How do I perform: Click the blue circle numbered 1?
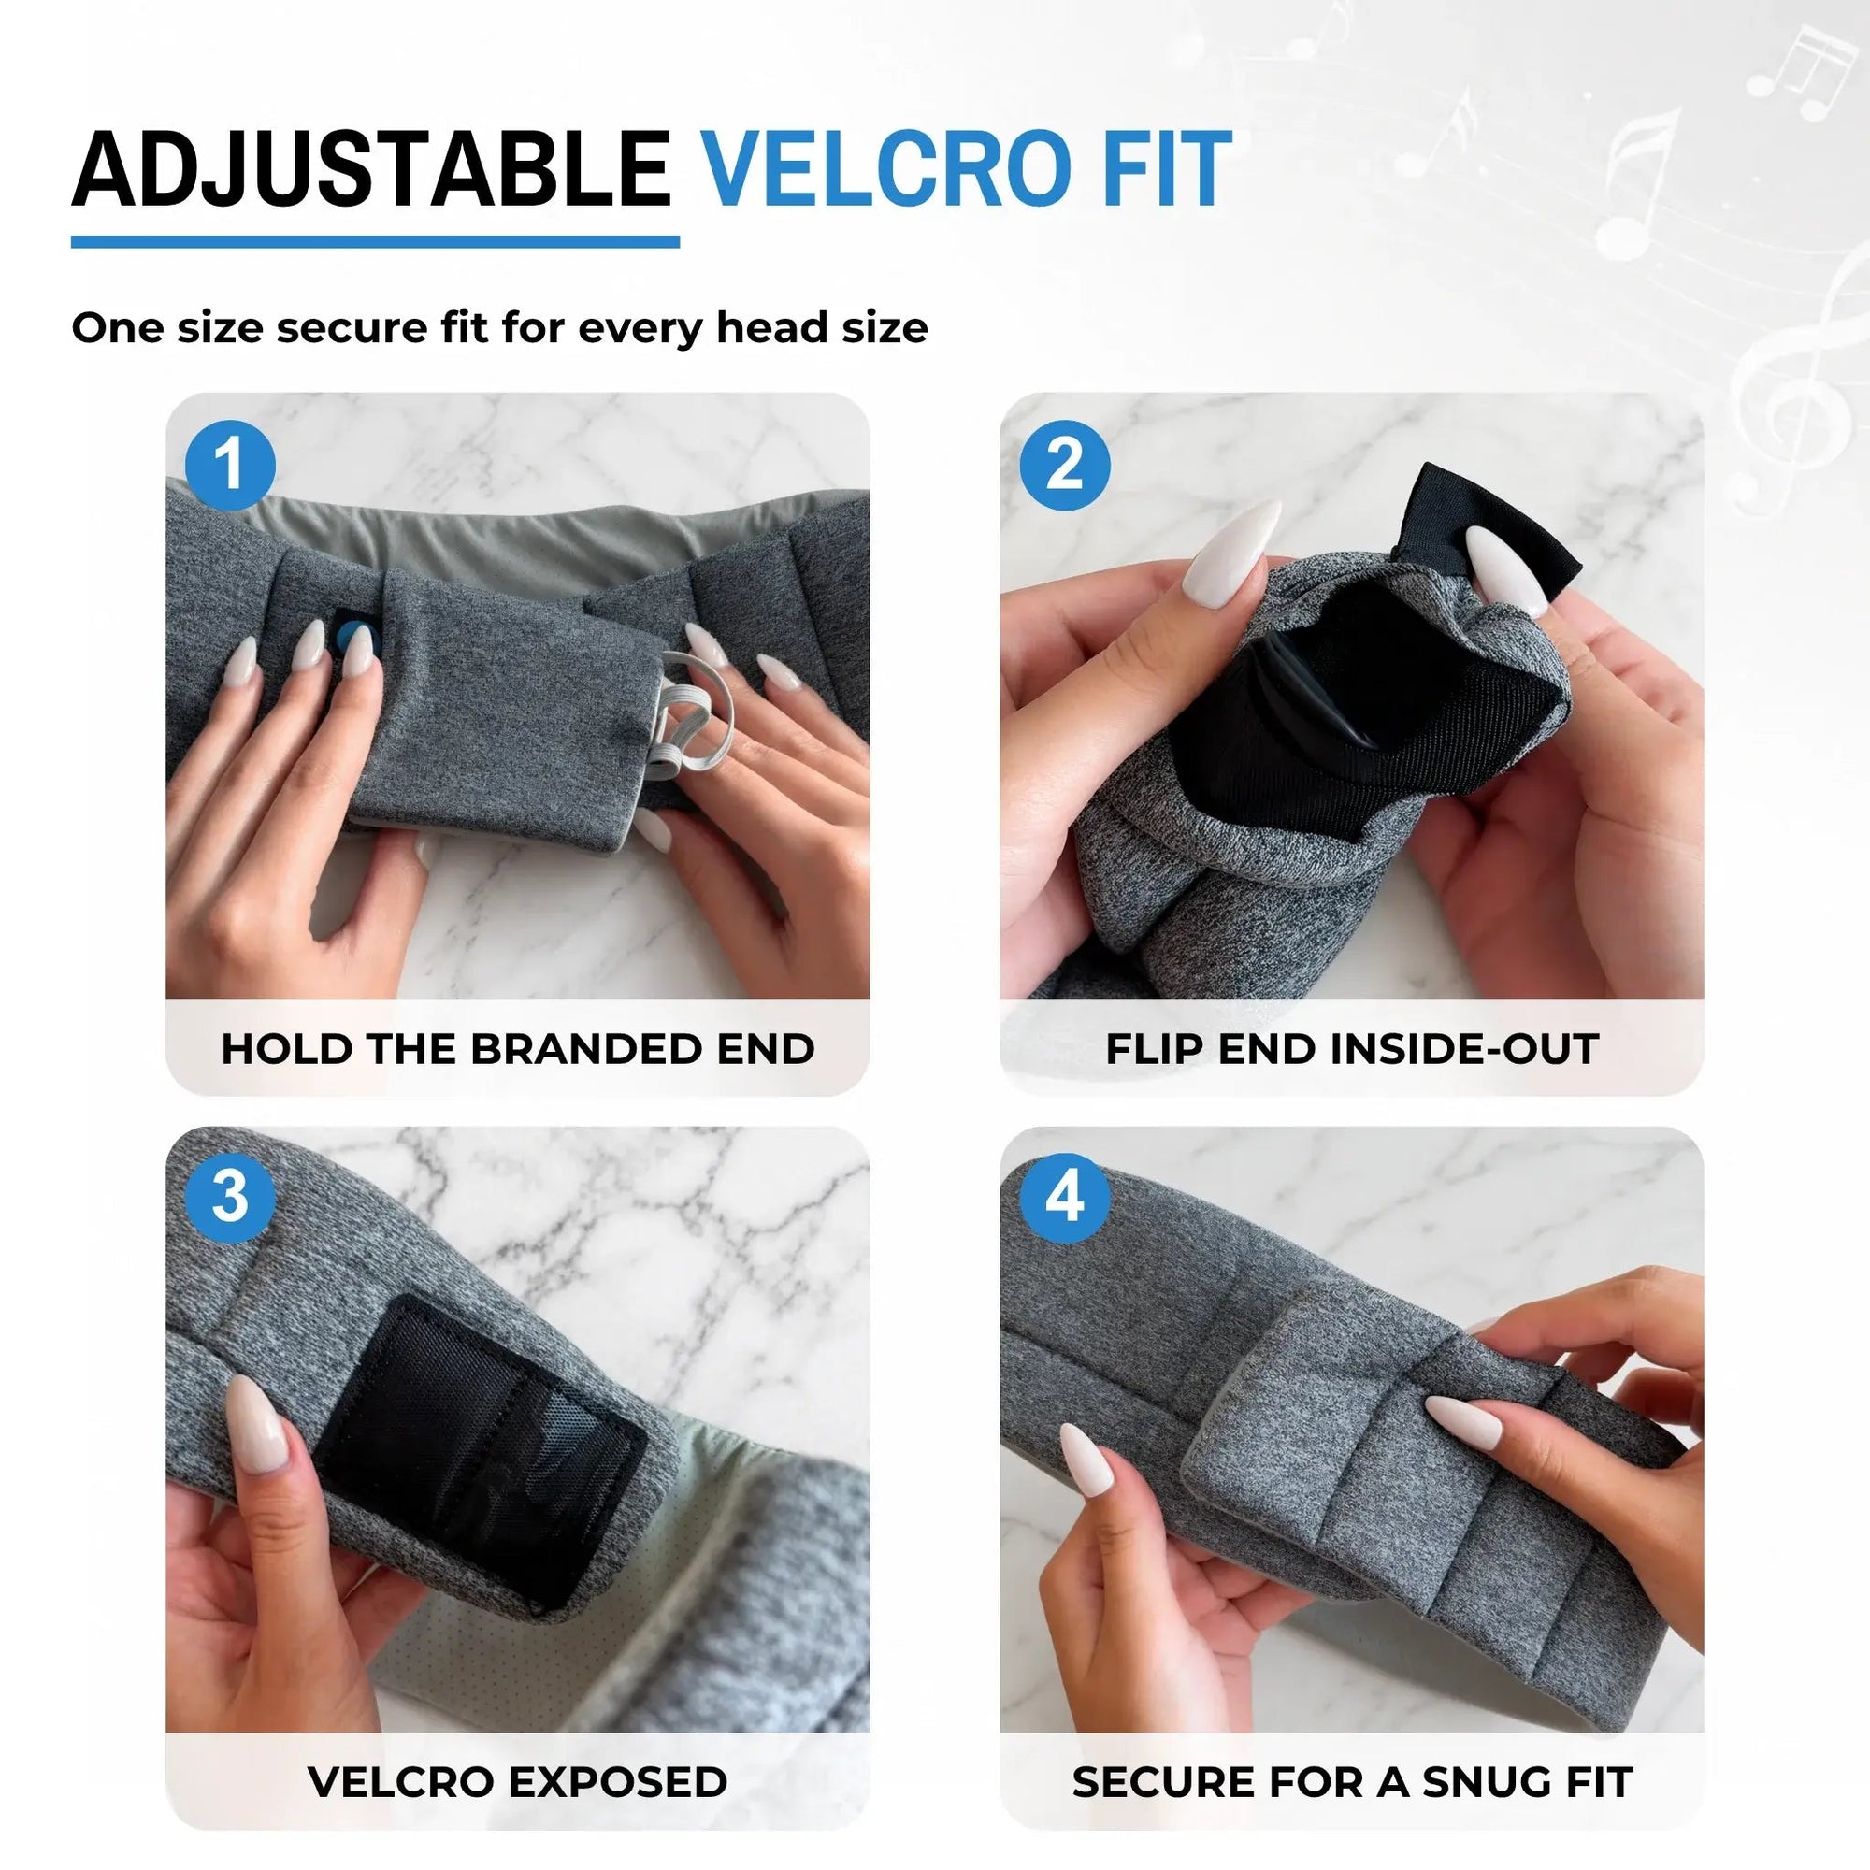tap(229, 466)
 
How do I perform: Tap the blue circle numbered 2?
tap(1065, 466)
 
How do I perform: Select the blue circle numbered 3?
tap(229, 1198)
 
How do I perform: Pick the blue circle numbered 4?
tap(1065, 1198)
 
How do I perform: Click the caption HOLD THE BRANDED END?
tap(518, 1049)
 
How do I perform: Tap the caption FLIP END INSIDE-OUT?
tap(1352, 1049)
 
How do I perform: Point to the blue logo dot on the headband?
tap(346, 637)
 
